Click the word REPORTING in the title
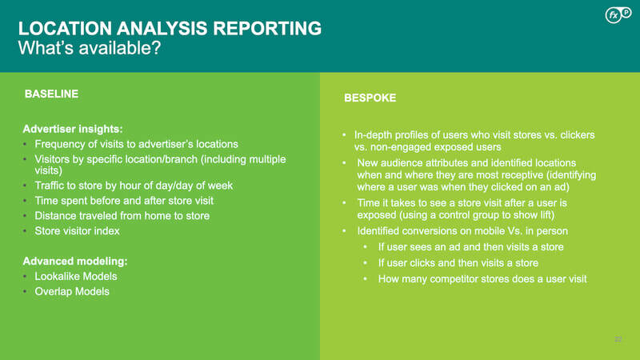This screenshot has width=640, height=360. [267, 29]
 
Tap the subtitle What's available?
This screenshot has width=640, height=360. [90, 48]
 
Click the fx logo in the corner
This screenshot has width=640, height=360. [618, 14]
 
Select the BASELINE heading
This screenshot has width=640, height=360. [51, 94]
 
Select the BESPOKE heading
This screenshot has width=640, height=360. [370, 98]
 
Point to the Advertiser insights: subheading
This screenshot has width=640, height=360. [73, 129]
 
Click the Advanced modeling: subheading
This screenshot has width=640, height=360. [75, 262]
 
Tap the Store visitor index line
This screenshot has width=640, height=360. [77, 231]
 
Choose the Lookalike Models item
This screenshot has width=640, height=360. [76, 276]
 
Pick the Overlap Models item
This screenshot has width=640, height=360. [72, 291]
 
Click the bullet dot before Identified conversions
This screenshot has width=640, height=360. [344, 231]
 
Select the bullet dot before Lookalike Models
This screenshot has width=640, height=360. [25, 276]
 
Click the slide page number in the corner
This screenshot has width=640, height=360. [618, 339]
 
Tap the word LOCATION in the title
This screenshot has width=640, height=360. [65, 29]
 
